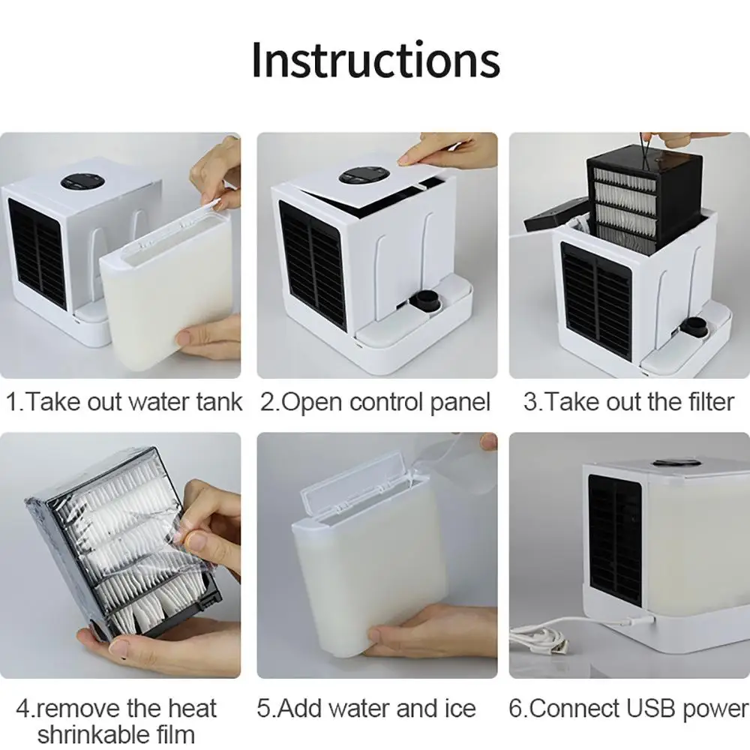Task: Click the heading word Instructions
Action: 376,60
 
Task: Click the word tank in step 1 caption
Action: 220,402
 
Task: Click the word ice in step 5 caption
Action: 460,709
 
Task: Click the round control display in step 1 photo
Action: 82,182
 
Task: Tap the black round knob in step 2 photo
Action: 427,301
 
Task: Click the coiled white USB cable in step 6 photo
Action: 541,638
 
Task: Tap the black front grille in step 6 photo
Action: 615,541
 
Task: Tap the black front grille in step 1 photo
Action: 37,253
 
